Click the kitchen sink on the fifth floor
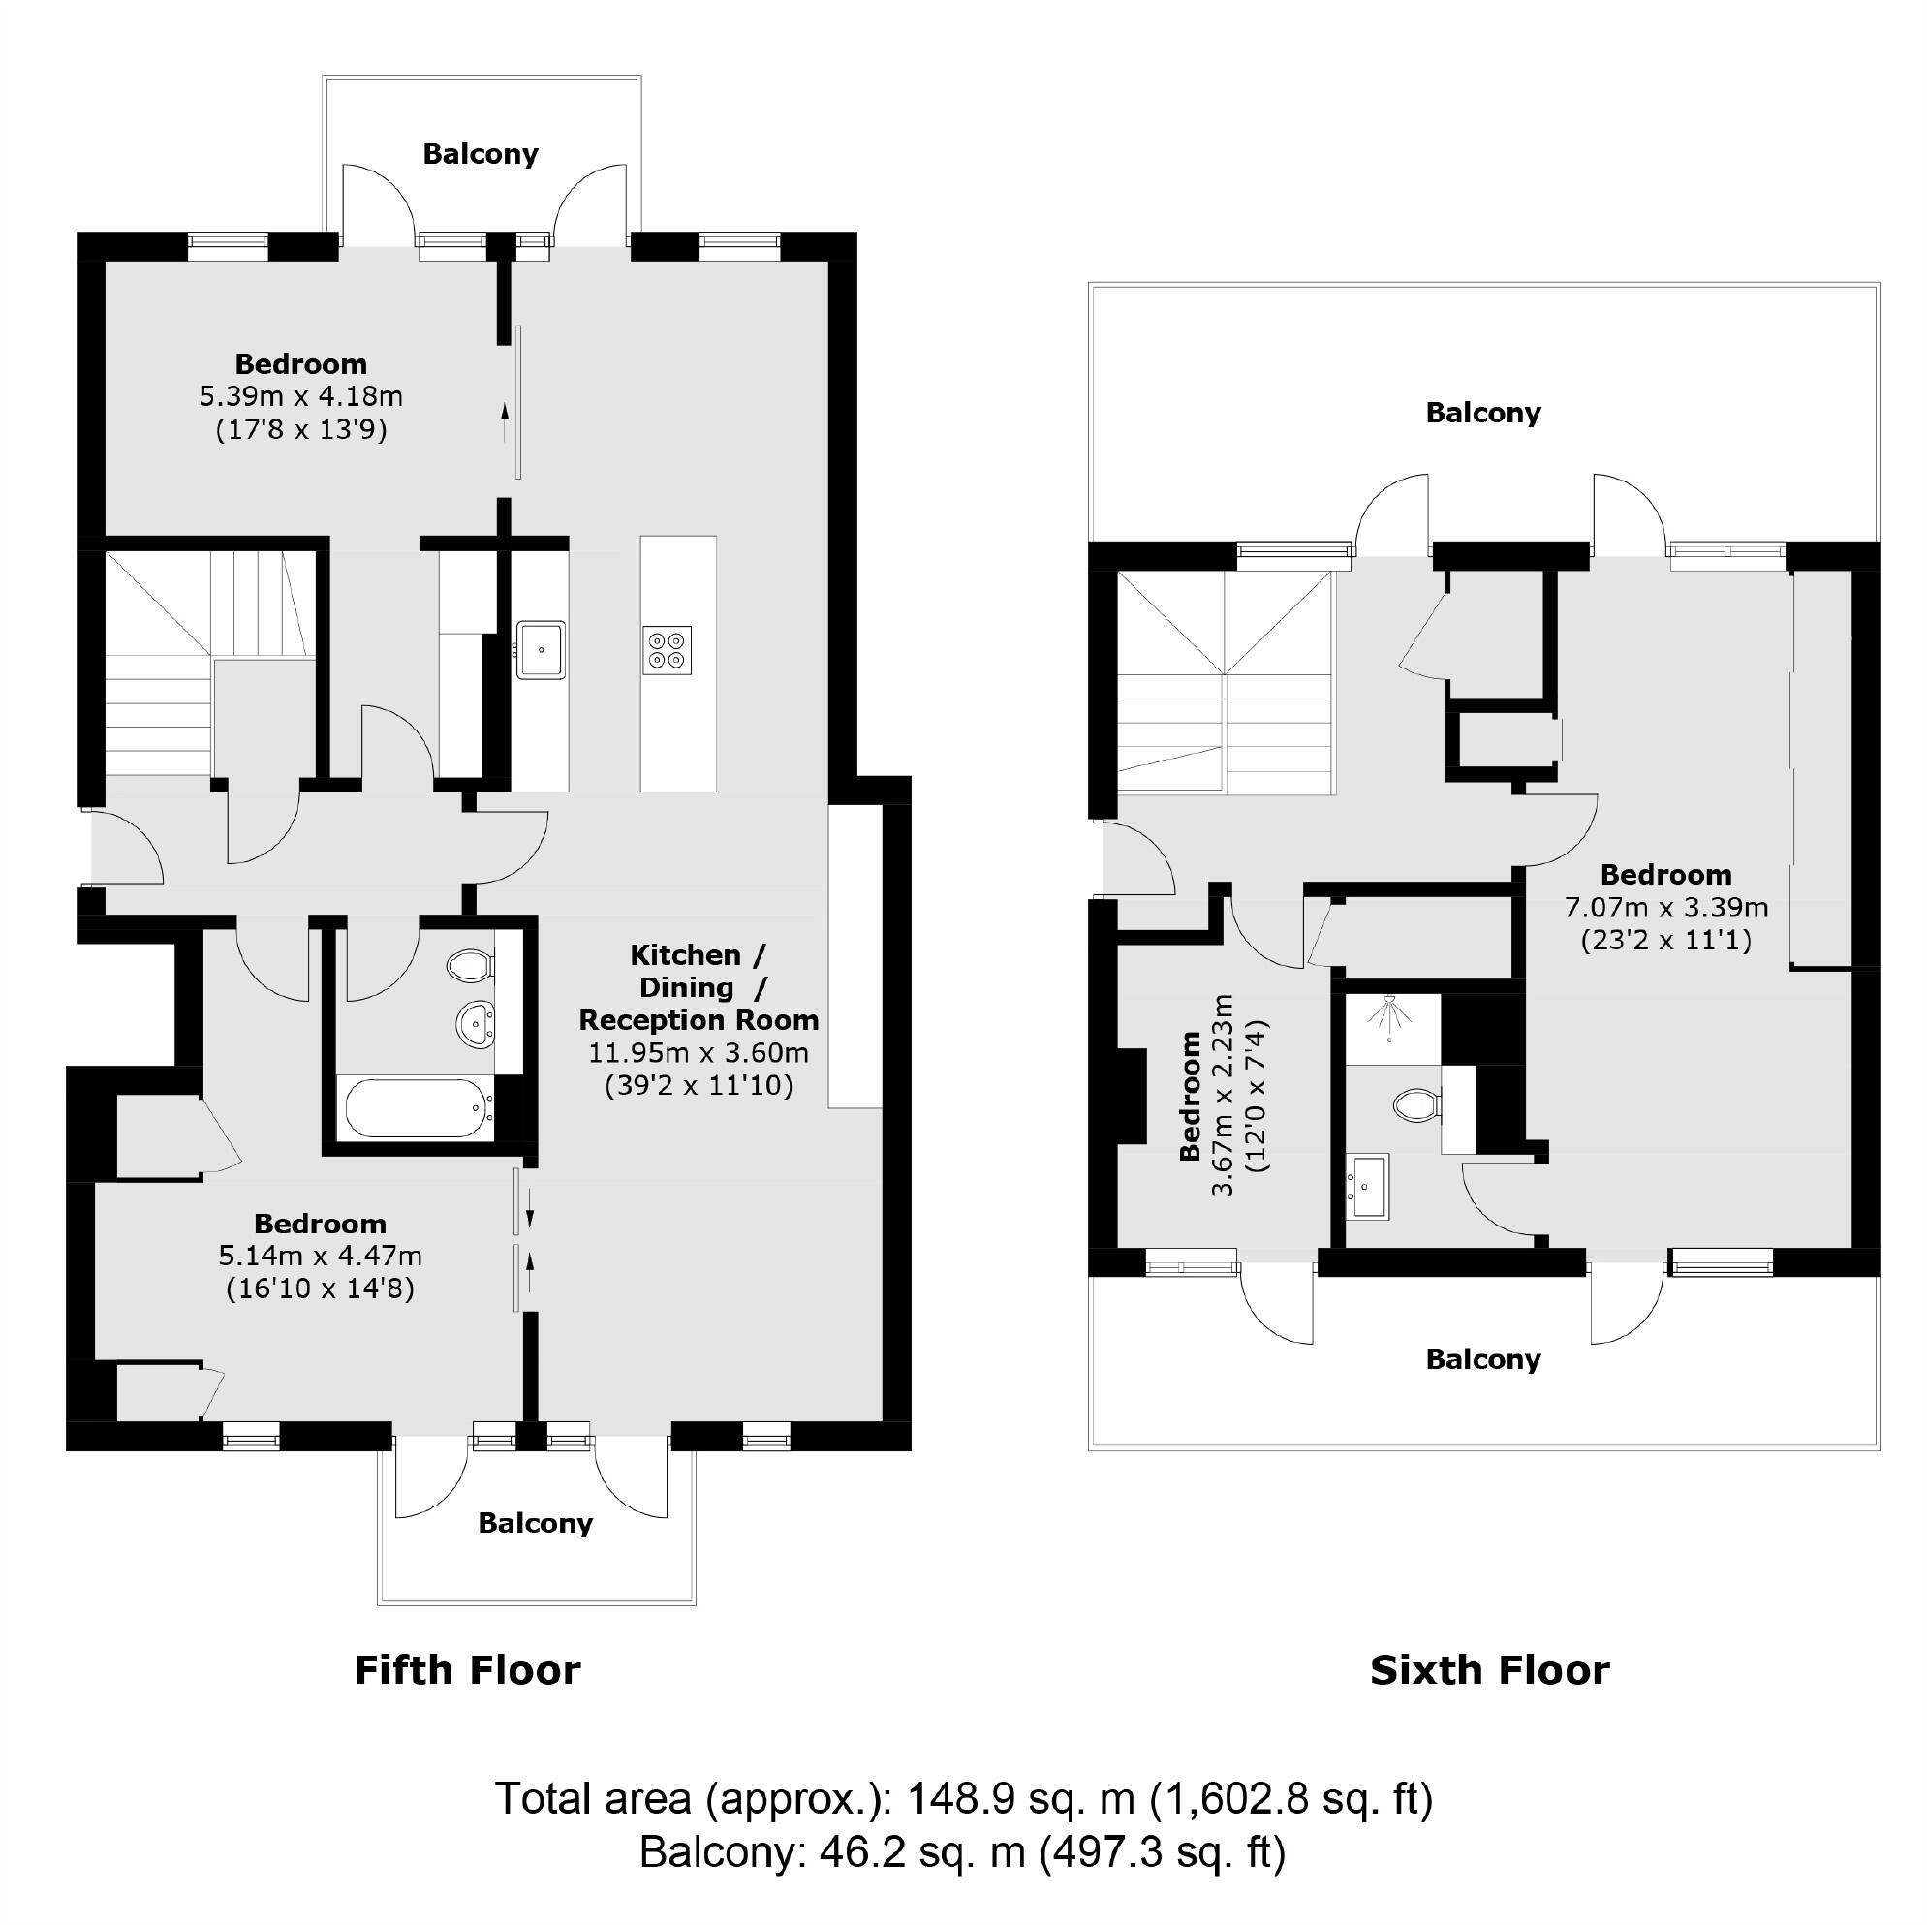tap(541, 649)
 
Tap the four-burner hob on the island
tap(668, 649)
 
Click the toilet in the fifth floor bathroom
tap(470, 965)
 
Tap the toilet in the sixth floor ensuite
tap(1415, 1104)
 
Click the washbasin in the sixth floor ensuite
tap(1367, 1187)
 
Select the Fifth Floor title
tap(467, 1669)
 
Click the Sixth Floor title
tap(1489, 1669)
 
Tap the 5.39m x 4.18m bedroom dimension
tap(301, 396)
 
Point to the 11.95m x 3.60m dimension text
tap(699, 1052)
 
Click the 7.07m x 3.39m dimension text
tap(1665, 907)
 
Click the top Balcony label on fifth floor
tap(480, 154)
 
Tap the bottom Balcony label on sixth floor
tap(1483, 1358)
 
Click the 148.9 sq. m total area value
tap(1020, 1798)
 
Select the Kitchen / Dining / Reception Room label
tap(699, 986)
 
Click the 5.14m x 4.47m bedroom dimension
tap(320, 1255)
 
